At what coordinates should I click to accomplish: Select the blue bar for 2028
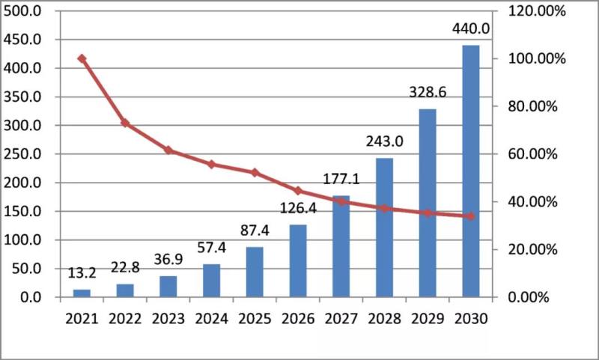pyautogui.click(x=384, y=228)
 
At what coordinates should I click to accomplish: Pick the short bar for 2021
pyautogui.click(x=82, y=293)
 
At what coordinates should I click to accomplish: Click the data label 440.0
pyautogui.click(x=470, y=29)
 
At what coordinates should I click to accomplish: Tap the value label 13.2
pyautogui.click(x=82, y=273)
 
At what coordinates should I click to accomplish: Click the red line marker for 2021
pyautogui.click(x=82, y=58)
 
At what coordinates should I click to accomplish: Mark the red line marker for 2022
pyautogui.click(x=125, y=123)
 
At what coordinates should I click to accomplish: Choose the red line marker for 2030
pyautogui.click(x=470, y=216)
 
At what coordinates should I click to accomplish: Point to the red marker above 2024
pyautogui.click(x=211, y=164)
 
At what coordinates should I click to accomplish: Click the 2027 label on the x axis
pyautogui.click(x=341, y=319)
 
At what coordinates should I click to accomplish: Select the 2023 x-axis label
pyautogui.click(x=168, y=319)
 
